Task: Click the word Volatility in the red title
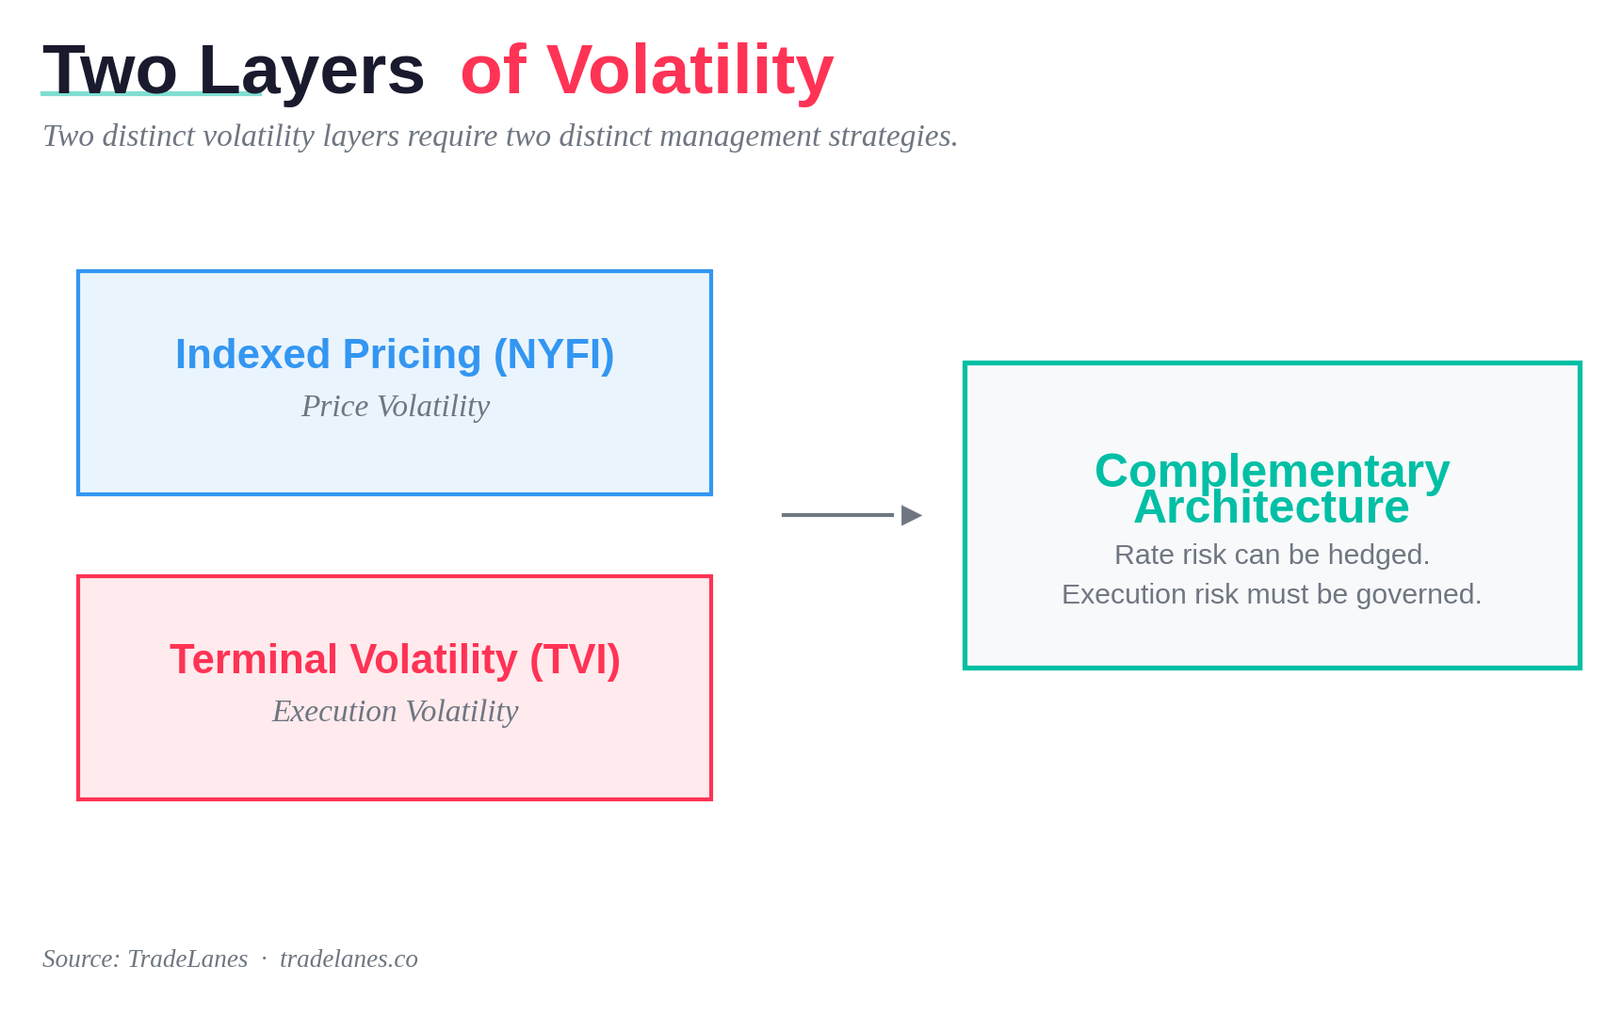tap(689, 70)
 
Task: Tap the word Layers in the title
tap(312, 70)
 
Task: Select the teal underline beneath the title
tap(151, 93)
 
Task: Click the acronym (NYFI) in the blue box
tap(554, 355)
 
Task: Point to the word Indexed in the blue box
tap(252, 355)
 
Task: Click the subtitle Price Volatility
tap(396, 406)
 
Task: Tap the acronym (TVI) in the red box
tap(575, 660)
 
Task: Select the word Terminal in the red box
tap(253, 659)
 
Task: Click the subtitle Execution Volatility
tap(396, 711)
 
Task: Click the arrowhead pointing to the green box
tap(911, 515)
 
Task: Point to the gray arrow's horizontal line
tap(837, 515)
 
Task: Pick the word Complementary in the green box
tap(1273, 471)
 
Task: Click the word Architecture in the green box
tap(1272, 507)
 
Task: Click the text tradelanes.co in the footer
tap(349, 959)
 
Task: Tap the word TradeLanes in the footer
tap(187, 959)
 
